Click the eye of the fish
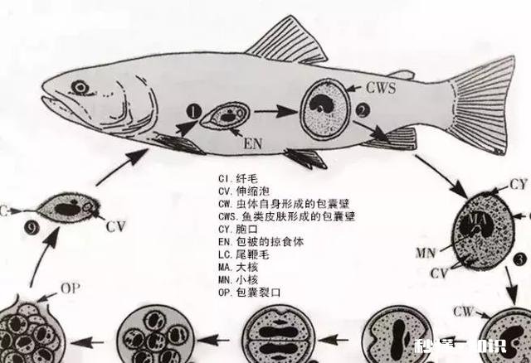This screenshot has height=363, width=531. (x=80, y=87)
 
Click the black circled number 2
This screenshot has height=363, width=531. (x=363, y=109)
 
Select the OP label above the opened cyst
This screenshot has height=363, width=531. (x=71, y=291)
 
